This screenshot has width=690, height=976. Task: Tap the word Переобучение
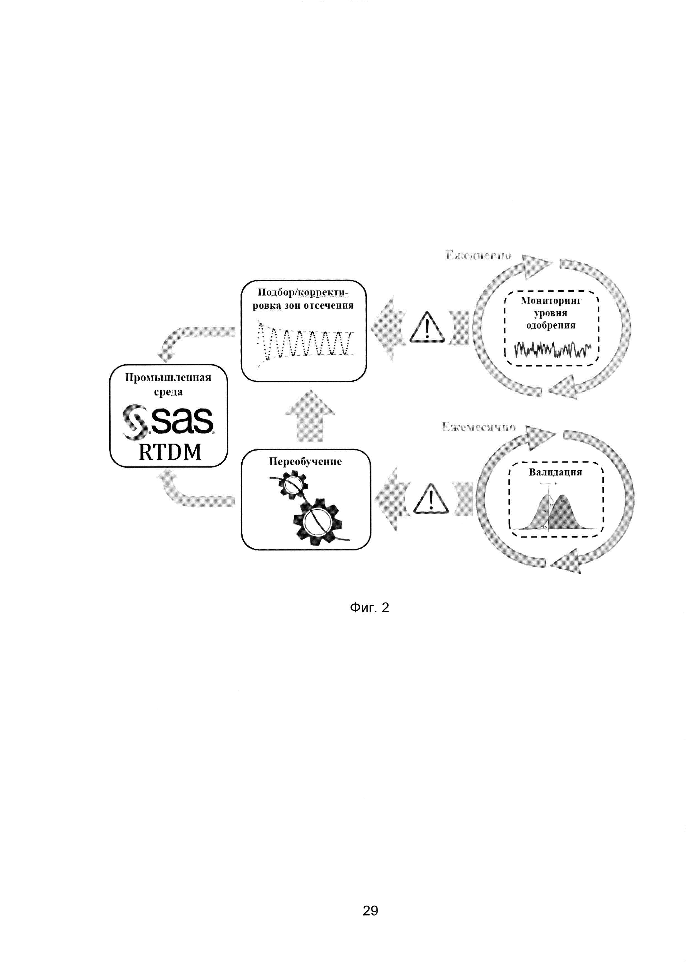pyautogui.click(x=305, y=462)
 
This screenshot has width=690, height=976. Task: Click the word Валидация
pyautogui.click(x=555, y=472)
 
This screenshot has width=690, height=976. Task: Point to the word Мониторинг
pyautogui.click(x=551, y=301)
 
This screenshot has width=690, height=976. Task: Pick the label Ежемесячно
pyautogui.click(x=479, y=427)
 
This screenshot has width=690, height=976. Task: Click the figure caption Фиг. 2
pyautogui.click(x=369, y=608)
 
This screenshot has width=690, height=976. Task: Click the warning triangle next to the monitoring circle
pyautogui.click(x=427, y=328)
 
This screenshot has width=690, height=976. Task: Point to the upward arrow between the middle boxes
pyautogui.click(x=310, y=416)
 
